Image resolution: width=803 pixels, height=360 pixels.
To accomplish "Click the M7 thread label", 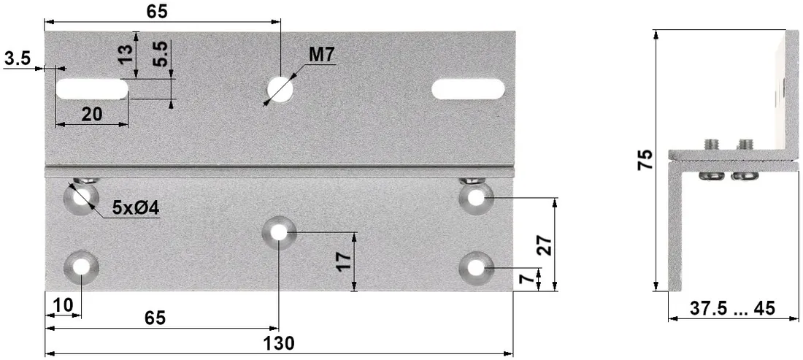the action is tap(321, 55).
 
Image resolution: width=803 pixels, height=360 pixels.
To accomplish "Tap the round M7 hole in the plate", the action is tap(280, 88).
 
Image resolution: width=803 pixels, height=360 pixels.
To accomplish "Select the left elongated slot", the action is tap(92, 89).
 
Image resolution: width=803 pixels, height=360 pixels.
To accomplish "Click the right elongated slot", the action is tap(468, 89).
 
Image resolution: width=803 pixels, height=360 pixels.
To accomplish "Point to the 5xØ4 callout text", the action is tap(134, 208).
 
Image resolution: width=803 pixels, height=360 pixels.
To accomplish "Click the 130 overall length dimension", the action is tap(280, 343).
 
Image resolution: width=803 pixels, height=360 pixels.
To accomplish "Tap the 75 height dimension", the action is tap(645, 160).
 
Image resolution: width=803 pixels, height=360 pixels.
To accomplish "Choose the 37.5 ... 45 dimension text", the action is tap(732, 308).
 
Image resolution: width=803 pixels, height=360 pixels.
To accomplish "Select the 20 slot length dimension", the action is tap(92, 114).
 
